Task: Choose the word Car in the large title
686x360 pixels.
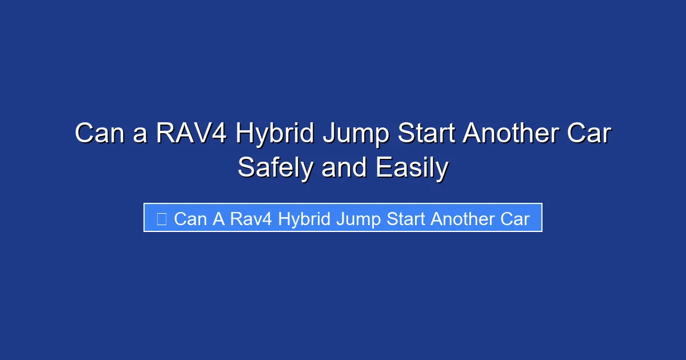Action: point(589,134)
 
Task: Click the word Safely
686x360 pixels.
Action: point(275,169)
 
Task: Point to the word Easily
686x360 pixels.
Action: point(412,169)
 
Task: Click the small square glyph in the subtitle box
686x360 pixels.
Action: point(162,219)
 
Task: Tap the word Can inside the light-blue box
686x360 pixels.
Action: point(190,219)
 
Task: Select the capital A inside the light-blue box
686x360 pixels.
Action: point(219,219)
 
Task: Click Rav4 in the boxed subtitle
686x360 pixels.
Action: point(250,219)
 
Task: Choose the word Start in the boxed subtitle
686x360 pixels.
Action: point(405,219)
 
